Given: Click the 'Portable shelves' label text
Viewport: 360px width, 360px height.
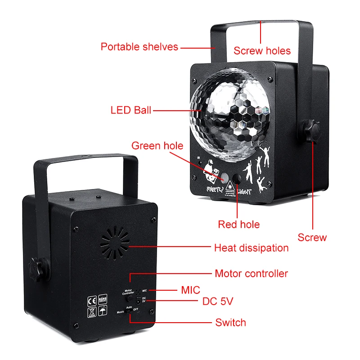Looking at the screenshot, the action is (x=139, y=46).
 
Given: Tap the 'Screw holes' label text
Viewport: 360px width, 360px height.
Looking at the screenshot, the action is (x=262, y=50).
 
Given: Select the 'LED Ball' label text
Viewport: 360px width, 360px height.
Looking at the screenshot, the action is (x=131, y=110).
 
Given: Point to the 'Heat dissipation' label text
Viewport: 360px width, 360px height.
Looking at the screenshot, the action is (x=251, y=247).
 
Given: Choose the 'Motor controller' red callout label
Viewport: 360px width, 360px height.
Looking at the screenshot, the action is (x=251, y=273).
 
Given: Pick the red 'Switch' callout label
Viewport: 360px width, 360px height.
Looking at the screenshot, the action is (x=230, y=322).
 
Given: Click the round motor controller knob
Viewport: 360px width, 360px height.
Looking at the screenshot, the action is (x=130, y=298).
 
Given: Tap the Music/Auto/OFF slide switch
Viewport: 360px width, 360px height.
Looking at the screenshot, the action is (x=129, y=310).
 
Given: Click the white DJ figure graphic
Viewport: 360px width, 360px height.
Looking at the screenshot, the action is (x=208, y=172).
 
